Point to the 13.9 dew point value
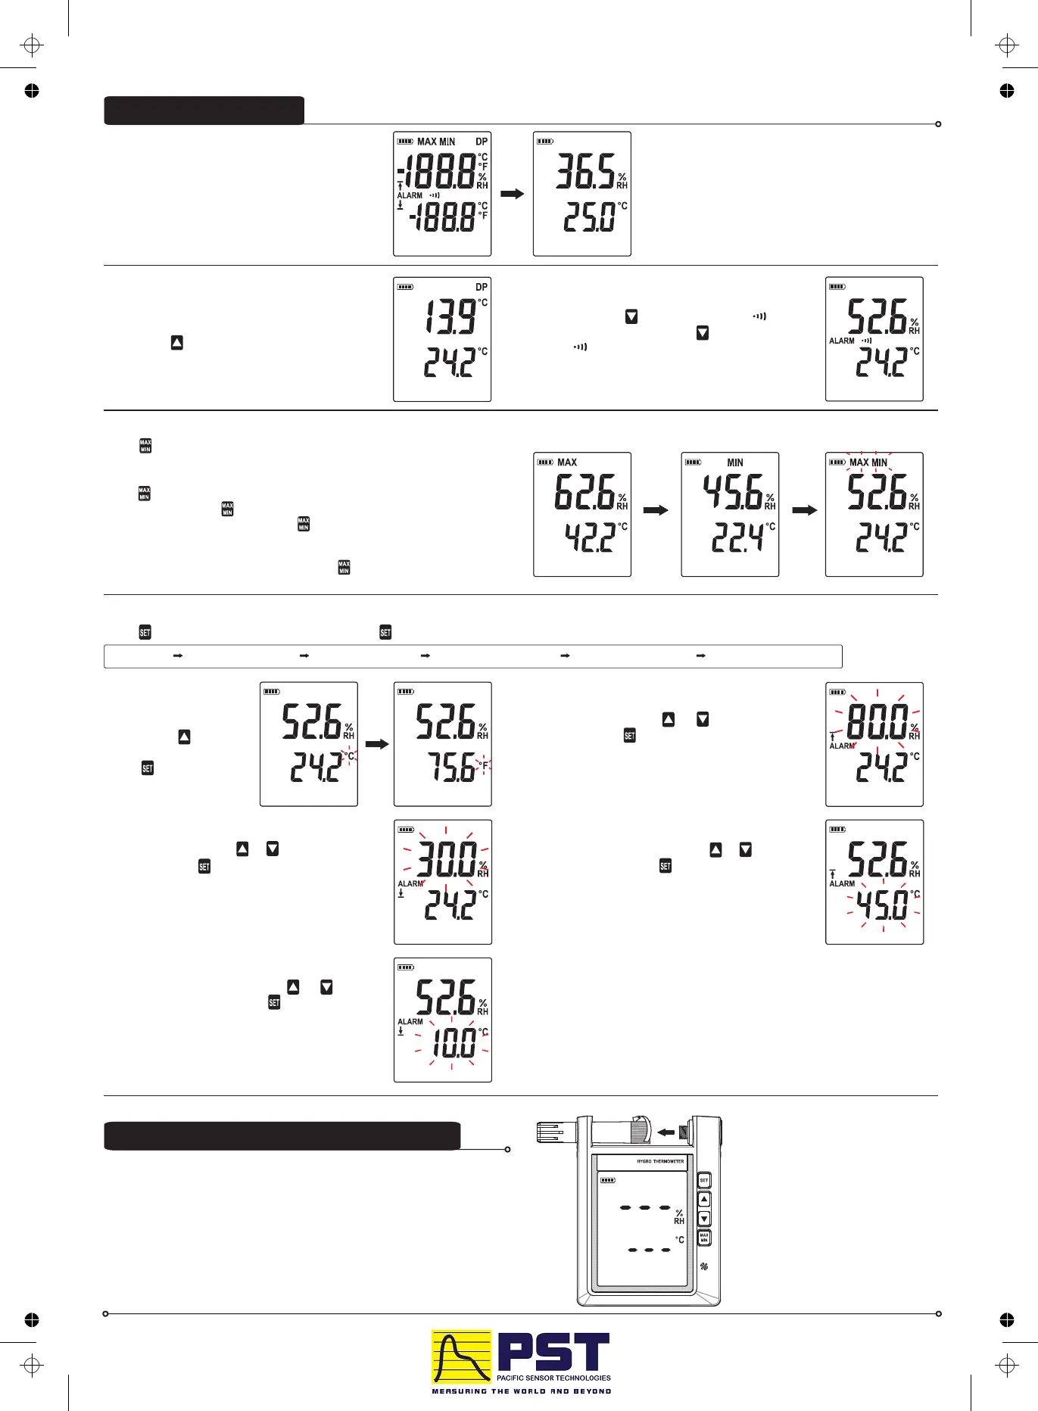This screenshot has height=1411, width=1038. click(x=450, y=316)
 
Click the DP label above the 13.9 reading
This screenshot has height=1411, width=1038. click(x=482, y=287)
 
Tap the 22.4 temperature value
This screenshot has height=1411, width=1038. click(x=737, y=538)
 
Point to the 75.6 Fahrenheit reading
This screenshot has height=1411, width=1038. click(x=452, y=768)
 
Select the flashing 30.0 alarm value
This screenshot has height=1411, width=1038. click(x=447, y=859)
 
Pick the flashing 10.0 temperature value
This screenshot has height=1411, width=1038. click(x=453, y=1044)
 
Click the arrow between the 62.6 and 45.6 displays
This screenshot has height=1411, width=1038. click(x=656, y=510)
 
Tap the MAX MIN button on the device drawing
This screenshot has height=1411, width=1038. click(x=704, y=1238)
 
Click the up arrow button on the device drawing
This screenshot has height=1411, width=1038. click(x=704, y=1200)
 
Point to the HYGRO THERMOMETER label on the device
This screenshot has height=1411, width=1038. click(x=660, y=1161)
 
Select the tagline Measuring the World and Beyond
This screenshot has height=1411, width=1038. click(x=521, y=1391)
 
